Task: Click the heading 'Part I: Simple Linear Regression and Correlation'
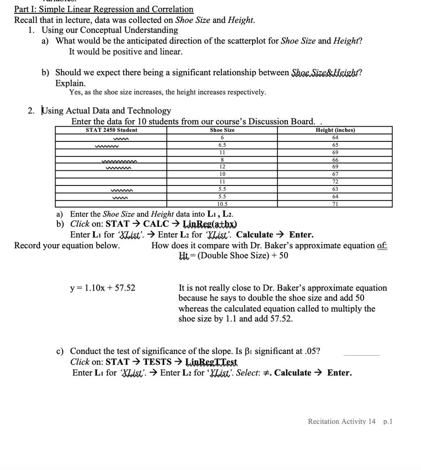104,9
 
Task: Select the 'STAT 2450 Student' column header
112,130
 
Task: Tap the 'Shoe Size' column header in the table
222,130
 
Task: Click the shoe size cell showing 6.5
222,145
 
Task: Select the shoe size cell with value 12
222,167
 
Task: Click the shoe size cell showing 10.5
222,203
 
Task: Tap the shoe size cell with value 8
222,159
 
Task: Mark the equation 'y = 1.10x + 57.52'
102,288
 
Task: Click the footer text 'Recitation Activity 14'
342,421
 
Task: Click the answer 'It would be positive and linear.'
126,52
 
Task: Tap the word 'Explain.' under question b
70,84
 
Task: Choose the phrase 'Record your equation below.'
67,246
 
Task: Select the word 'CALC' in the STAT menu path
158,224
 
